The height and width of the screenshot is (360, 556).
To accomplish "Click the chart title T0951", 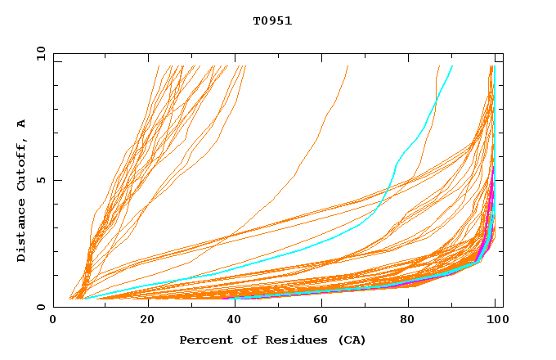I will coord(272,21).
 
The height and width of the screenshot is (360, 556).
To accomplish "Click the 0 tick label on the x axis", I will coord(53,321).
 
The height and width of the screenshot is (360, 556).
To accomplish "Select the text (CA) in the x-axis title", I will coord(352,340).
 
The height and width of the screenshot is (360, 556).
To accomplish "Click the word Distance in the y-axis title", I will coord(22,232).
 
